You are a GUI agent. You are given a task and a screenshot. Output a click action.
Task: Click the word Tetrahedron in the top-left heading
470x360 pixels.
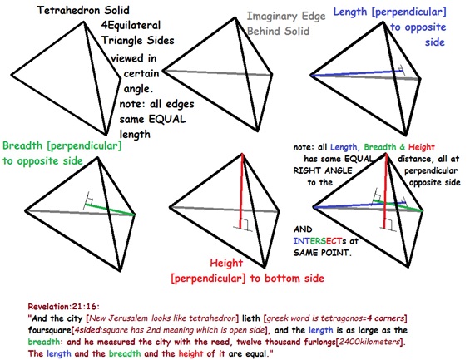70,11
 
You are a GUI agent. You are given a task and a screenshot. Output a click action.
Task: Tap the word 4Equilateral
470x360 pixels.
131,25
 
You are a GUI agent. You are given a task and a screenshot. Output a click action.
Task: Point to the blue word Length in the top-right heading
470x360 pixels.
350,12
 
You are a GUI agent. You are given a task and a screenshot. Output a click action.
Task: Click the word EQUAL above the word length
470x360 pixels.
167,119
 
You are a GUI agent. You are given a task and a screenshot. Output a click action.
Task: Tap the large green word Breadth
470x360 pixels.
22,145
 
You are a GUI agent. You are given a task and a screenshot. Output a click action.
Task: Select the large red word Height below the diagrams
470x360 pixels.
226,264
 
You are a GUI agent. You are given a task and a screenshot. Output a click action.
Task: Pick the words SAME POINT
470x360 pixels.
322,253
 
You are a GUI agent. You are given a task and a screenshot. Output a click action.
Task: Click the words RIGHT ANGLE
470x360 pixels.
323,170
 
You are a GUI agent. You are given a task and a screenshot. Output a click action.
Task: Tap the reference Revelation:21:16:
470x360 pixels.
63,307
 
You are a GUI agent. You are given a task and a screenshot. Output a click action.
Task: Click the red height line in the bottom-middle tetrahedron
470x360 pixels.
241,190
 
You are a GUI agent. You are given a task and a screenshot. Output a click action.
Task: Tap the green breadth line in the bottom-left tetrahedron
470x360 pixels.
110,209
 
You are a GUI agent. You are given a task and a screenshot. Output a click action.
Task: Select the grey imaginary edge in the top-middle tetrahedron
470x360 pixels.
217,73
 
